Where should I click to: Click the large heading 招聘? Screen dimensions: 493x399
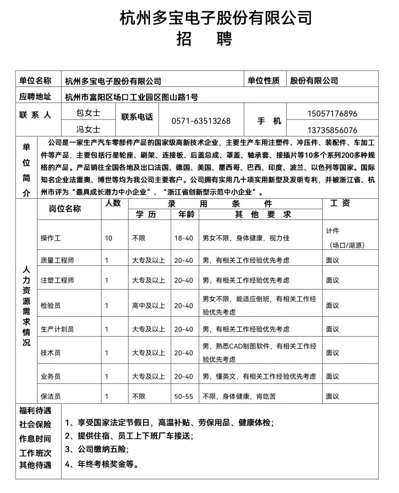pos(204,38)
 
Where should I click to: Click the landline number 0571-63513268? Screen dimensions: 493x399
pos(201,121)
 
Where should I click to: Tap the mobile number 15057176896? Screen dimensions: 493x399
pos(332,113)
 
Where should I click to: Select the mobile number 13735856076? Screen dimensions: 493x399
pos(332,130)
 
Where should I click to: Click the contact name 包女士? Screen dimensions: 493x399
pos(88,113)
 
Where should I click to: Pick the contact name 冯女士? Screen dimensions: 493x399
pos(88,129)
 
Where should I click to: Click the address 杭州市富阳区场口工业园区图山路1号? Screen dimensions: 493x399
pos(132,97)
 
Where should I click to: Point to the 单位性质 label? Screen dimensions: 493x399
pos(263,81)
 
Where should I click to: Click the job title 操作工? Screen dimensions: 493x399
pos(51,238)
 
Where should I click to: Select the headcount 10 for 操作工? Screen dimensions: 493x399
pos(108,238)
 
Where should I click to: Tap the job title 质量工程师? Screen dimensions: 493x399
pos(57,260)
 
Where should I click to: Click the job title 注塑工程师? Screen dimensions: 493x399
pos(57,280)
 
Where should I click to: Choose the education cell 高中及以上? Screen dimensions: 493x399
pos(149,306)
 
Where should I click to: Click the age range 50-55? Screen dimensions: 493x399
pos(184,396)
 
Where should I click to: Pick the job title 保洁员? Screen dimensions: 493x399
pos(51,396)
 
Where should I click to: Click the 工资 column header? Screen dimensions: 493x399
pos(340,203)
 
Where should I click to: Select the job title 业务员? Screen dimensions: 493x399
pos(51,376)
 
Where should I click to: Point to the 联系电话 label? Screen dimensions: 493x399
pos(137,117)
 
